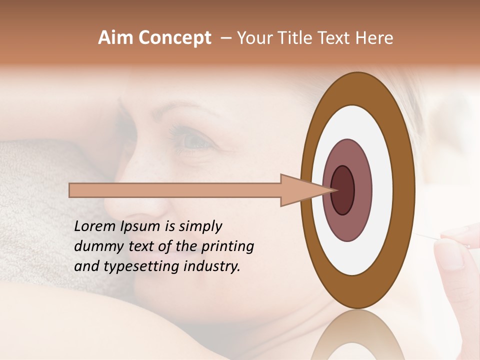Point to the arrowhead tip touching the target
[x=334, y=190]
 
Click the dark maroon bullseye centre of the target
[x=343, y=190]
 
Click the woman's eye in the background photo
[x=192, y=141]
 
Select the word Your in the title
[x=253, y=38]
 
